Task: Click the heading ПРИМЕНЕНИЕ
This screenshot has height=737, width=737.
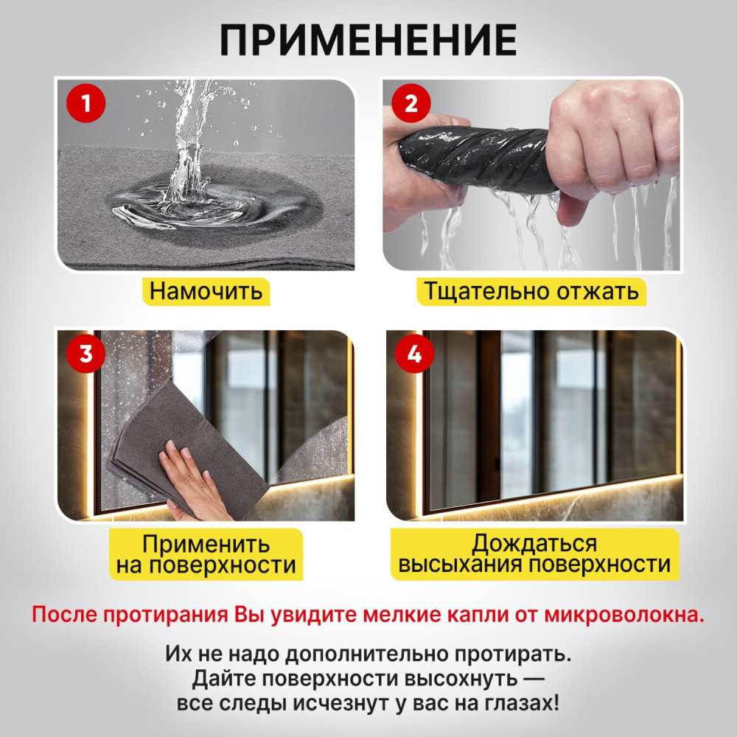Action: click(368, 40)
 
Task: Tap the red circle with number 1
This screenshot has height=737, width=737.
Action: click(86, 103)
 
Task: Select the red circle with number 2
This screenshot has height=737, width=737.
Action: click(411, 103)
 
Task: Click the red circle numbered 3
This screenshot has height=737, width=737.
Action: click(86, 354)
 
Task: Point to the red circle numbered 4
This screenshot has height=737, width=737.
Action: click(414, 354)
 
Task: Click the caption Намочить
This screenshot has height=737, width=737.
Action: click(206, 291)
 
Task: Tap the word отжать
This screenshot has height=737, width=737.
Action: click(598, 291)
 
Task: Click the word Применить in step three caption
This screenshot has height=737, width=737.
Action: click(206, 545)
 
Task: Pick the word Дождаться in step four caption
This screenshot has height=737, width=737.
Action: click(534, 544)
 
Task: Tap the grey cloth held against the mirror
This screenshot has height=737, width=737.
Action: click(188, 447)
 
